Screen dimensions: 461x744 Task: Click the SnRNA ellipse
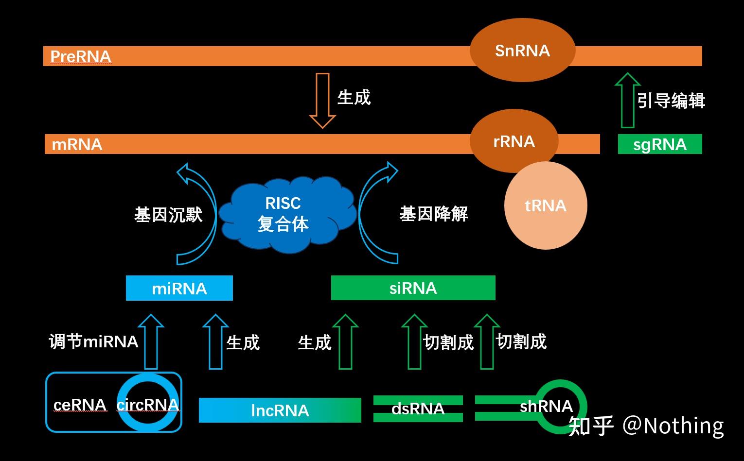[522, 51]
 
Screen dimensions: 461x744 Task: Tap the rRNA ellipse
[514, 141]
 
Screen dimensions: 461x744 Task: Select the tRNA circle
[546, 205]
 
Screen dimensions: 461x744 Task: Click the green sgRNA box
[660, 144]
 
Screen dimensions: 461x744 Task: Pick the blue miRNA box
[179, 288]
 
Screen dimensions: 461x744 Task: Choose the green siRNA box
[413, 288]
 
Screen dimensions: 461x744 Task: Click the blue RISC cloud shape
[284, 214]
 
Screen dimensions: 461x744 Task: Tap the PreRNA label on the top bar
[81, 56]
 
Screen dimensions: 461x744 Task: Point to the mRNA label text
[77, 144]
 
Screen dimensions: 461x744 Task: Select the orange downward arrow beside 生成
[322, 100]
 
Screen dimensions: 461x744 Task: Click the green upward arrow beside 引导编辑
[628, 101]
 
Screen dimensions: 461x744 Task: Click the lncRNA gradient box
[280, 410]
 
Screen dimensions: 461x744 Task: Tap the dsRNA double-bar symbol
[418, 409]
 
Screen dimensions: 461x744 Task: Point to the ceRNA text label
[80, 405]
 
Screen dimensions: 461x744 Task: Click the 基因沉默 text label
[168, 214]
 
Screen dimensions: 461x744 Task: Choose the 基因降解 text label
[433, 214]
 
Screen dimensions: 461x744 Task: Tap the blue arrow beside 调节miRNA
[151, 342]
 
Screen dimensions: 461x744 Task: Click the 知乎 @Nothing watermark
[646, 426]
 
